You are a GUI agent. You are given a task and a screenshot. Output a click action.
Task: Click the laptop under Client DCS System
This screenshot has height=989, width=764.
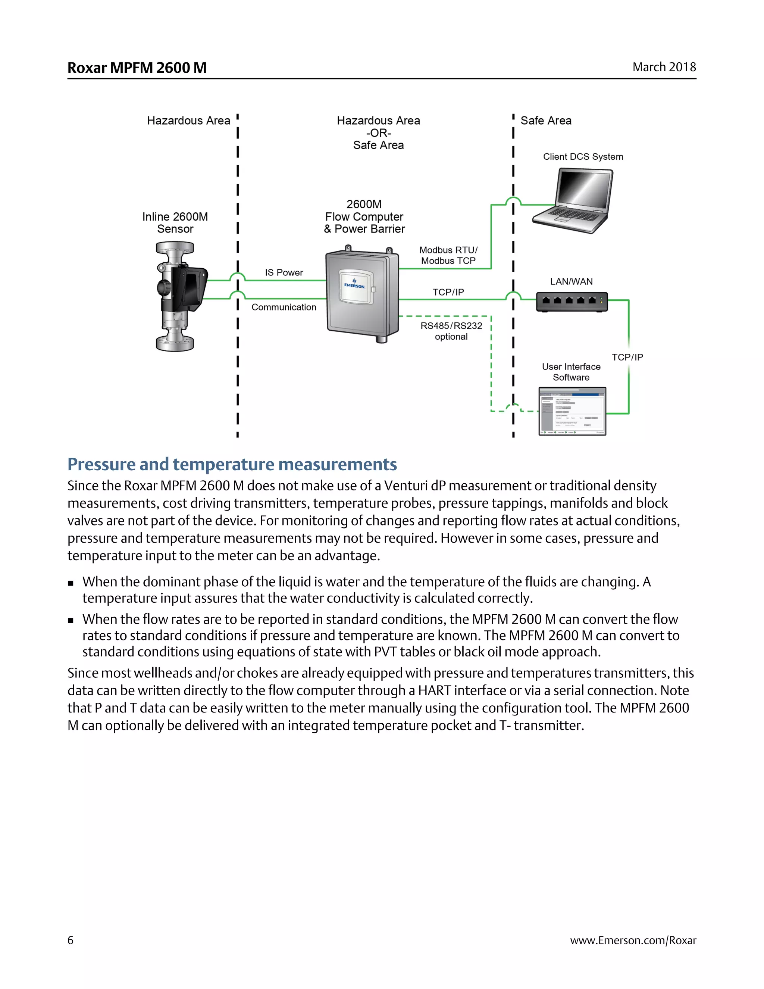[574, 201]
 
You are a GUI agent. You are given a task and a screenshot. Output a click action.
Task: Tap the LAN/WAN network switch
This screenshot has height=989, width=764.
[572, 302]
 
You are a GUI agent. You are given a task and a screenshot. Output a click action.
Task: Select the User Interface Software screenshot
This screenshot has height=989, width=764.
[572, 411]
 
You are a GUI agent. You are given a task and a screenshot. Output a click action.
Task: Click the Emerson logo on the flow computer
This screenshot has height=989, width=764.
[354, 284]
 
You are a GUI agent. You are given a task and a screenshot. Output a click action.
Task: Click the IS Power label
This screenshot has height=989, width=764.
[284, 272]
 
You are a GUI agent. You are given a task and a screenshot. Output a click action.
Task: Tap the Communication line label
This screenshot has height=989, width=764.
[284, 307]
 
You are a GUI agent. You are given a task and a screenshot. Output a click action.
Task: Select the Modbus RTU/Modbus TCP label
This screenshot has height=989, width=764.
[448, 255]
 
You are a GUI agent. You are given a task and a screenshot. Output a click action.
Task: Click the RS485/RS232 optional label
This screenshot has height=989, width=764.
[451, 331]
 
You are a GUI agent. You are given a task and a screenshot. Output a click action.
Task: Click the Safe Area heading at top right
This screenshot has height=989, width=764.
[546, 121]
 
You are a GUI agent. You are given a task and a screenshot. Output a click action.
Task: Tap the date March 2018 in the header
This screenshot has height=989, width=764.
[664, 67]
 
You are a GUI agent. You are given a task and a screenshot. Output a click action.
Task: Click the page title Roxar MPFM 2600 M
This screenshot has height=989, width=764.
[137, 68]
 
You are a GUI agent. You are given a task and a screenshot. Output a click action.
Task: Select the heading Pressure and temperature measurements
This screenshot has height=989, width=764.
[232, 464]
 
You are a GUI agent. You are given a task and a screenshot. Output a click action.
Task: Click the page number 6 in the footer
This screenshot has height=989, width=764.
[70, 940]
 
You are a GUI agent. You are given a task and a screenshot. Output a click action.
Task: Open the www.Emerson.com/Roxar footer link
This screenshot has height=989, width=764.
[633, 940]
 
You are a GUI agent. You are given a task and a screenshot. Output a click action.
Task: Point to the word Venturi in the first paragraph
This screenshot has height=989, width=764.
[406, 486]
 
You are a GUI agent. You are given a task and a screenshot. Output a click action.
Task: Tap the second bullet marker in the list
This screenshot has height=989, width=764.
[71, 620]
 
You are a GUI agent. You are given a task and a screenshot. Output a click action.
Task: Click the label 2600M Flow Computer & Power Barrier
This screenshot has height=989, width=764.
[364, 216]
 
